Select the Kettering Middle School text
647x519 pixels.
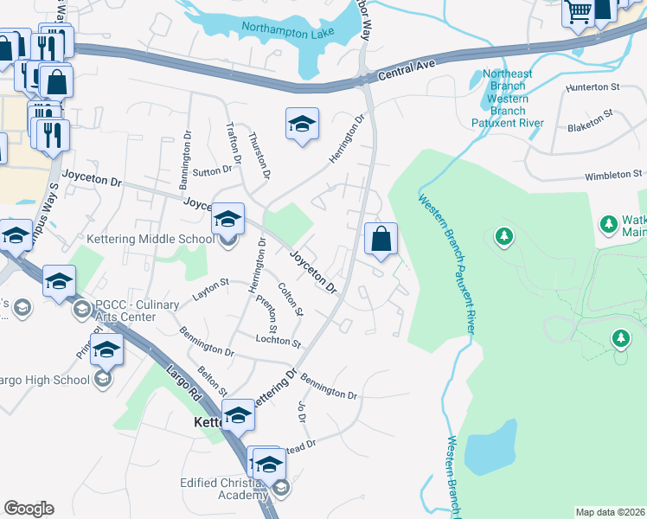coord(151,239)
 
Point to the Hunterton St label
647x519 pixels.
coord(593,87)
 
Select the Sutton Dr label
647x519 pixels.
coord(208,172)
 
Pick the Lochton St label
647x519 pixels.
coord(278,340)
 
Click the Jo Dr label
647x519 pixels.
coord(302,413)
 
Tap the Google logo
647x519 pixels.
coord(29,509)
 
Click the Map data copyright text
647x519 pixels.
coord(611,512)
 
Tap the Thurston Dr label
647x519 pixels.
coord(259,157)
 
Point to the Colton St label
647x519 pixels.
coord(290,299)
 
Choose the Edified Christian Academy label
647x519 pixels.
coord(223,489)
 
